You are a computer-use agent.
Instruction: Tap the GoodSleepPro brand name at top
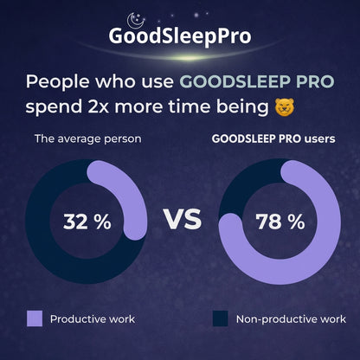180,37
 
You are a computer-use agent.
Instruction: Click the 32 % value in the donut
87,221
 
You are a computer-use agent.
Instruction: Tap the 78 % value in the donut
280,221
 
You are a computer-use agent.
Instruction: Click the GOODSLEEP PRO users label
273,138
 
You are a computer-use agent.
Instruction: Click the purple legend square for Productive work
35,318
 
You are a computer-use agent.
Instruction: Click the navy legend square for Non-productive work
221,318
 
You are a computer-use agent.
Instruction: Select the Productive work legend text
93,319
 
